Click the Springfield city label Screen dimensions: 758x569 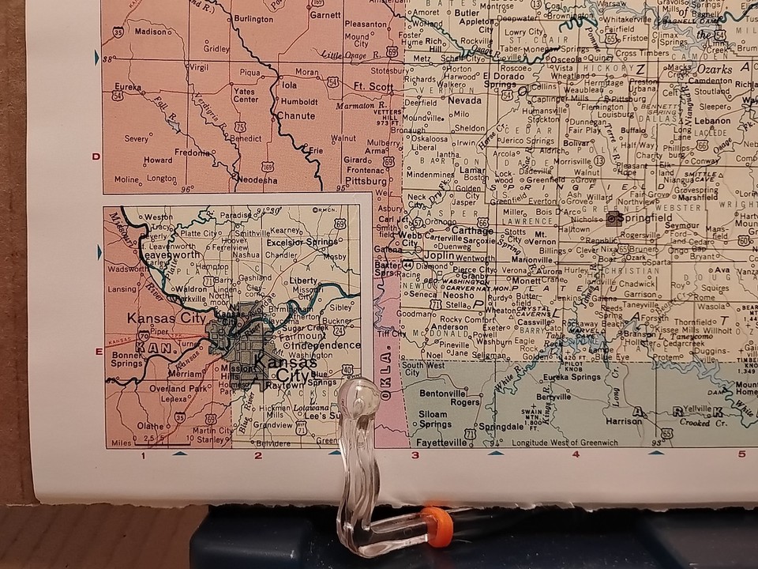[x=647, y=217]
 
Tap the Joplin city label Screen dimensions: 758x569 [x=438, y=256]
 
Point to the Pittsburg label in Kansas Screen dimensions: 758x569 [x=364, y=180]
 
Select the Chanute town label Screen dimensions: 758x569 [x=295, y=115]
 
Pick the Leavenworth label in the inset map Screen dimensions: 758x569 [x=170, y=255]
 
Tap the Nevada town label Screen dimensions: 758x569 [x=463, y=100]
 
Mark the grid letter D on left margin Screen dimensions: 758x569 [x=96, y=156]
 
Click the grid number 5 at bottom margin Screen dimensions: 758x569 [x=741, y=454]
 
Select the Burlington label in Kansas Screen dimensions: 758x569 [x=253, y=17]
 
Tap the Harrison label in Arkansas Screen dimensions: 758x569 [x=624, y=421]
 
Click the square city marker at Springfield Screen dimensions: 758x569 [x=614, y=218]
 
